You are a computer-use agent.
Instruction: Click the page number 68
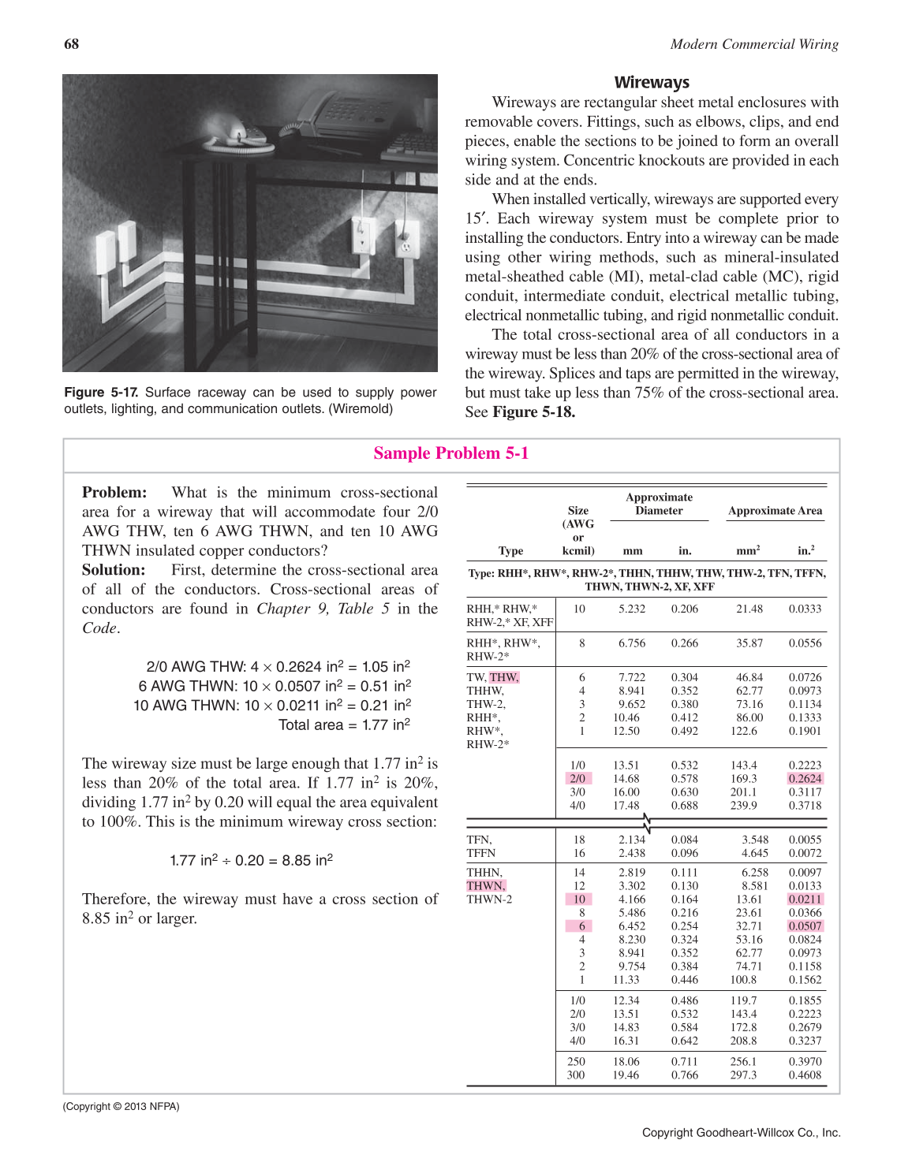pyautogui.click(x=71, y=44)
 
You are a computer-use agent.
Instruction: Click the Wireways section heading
pyautogui.click(x=652, y=83)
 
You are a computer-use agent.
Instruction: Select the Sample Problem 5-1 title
pyautogui.click(x=451, y=453)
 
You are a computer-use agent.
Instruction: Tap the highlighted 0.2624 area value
pyautogui.click(x=805, y=779)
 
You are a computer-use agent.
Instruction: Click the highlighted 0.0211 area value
pyautogui.click(x=805, y=900)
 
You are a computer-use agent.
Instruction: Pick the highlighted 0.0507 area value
pyautogui.click(x=805, y=926)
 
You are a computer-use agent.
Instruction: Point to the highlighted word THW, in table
pyautogui.click(x=504, y=677)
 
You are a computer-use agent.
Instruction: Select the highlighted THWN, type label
pyautogui.click(x=486, y=886)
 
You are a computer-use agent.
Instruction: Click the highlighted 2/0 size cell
pyautogui.click(x=577, y=779)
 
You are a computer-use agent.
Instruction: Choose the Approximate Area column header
pyautogui.click(x=775, y=511)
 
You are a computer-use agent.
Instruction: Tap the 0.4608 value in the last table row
pyautogui.click(x=805, y=1075)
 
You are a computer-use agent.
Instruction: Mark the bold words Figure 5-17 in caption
pyautogui.click(x=101, y=393)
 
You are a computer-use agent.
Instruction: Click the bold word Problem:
pyautogui.click(x=114, y=493)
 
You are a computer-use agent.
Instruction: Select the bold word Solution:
pyautogui.click(x=114, y=570)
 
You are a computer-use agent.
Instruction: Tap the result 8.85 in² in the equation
pyautogui.click(x=307, y=860)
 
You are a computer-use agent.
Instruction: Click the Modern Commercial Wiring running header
pyautogui.click(x=754, y=44)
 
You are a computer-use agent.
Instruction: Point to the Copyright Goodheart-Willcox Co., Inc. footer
pyautogui.click(x=741, y=1133)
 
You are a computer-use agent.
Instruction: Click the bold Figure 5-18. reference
pyautogui.click(x=533, y=412)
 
